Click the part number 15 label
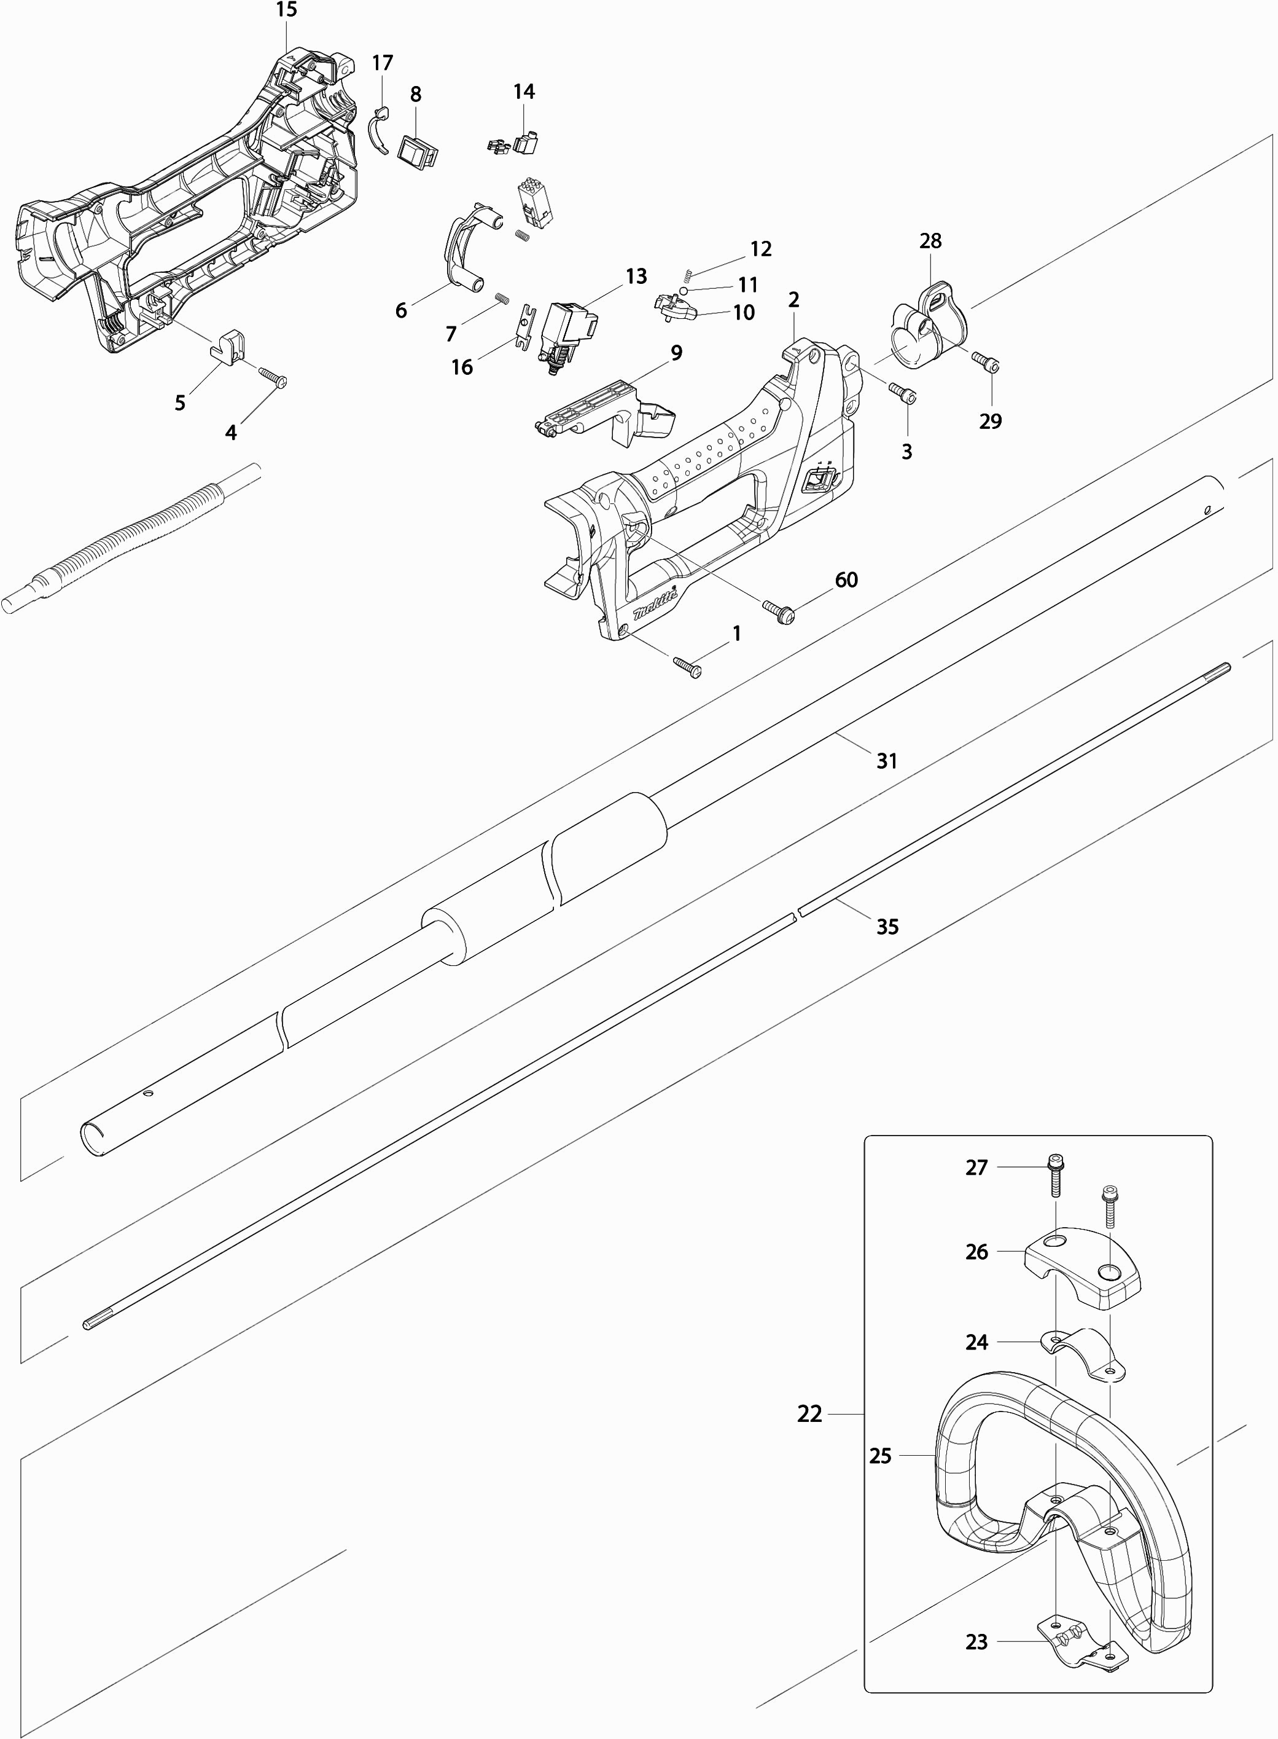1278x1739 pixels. tap(286, 10)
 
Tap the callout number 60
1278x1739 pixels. tap(846, 579)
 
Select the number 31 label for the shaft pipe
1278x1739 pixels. tap(887, 761)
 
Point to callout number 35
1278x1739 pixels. tap(887, 927)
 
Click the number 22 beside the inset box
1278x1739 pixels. tap(809, 1414)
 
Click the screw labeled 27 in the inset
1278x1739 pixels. tap(1054, 1188)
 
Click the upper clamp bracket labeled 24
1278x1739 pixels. tap(1083, 1354)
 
